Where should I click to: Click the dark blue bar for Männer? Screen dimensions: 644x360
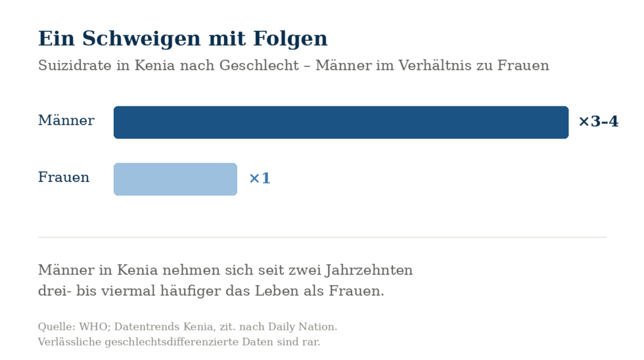click(341, 123)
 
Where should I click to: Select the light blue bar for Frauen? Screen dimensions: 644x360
click(175, 179)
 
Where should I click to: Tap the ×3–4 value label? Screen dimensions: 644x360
click(599, 121)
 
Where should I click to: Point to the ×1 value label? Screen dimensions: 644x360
click(260, 178)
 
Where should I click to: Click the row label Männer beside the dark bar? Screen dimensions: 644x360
click(66, 120)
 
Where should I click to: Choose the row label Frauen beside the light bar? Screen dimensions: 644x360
click(64, 177)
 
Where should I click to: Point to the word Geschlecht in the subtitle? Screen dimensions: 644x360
click(259, 65)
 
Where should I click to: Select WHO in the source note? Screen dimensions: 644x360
click(95, 327)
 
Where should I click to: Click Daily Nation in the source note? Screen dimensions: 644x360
click(303, 327)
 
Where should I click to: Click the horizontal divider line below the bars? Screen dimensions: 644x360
click(322, 237)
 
